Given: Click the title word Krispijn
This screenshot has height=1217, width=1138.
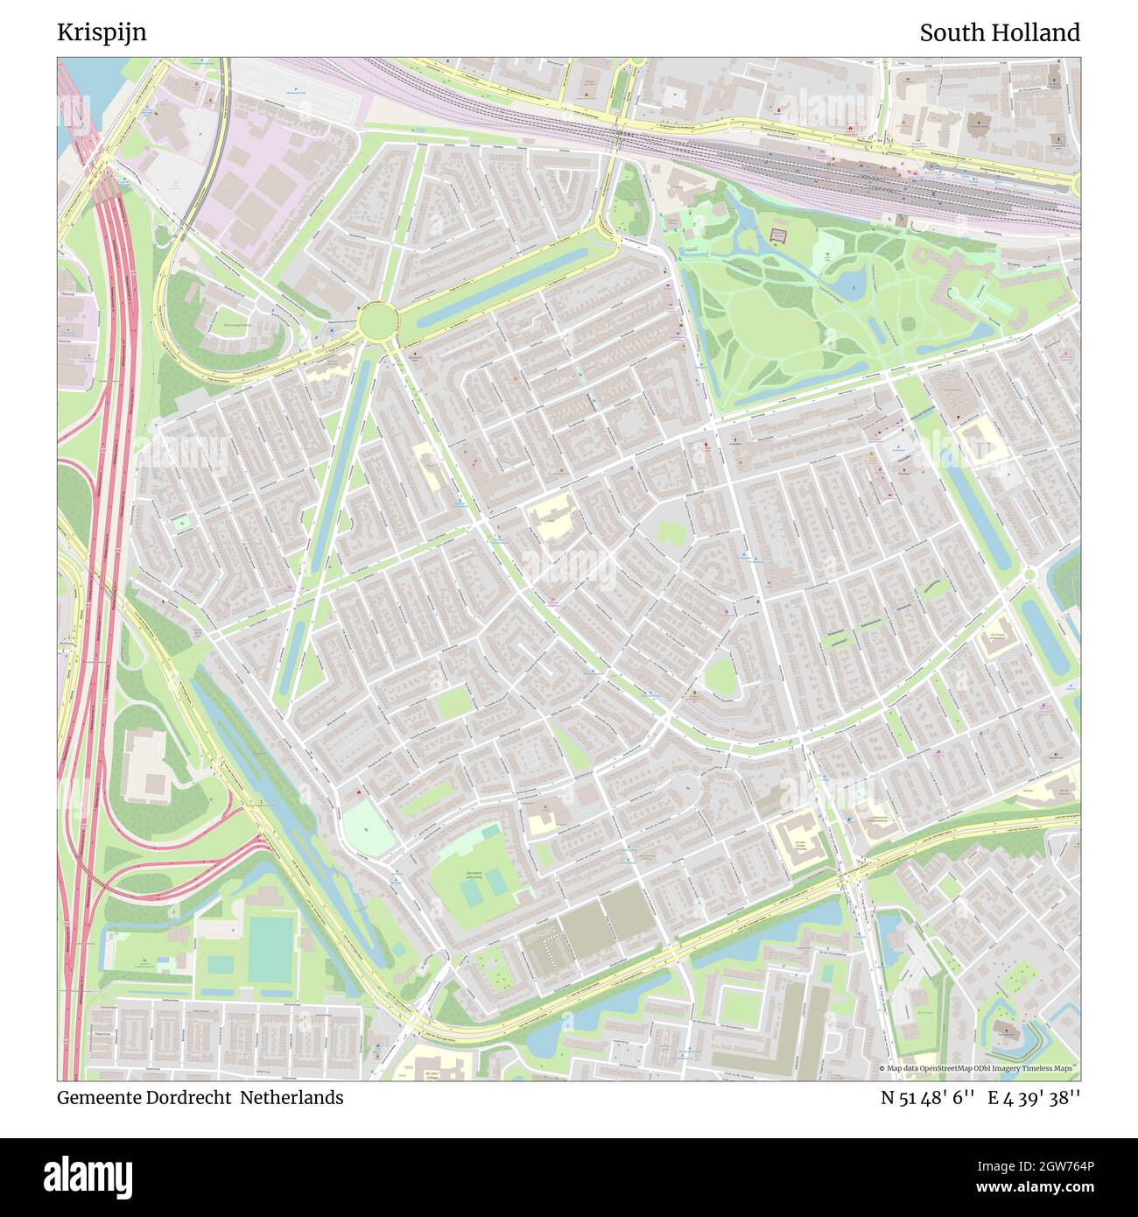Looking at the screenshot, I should [x=102, y=32].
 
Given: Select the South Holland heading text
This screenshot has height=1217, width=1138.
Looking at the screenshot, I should [x=999, y=32].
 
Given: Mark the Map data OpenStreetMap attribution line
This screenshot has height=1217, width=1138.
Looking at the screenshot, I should [x=978, y=1068].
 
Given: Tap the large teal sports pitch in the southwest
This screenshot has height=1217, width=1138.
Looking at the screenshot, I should [x=268, y=950].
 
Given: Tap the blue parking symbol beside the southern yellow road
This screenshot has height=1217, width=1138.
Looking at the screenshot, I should [x=848, y=820].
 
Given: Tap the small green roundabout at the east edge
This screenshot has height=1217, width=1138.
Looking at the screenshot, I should [x=1029, y=574].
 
